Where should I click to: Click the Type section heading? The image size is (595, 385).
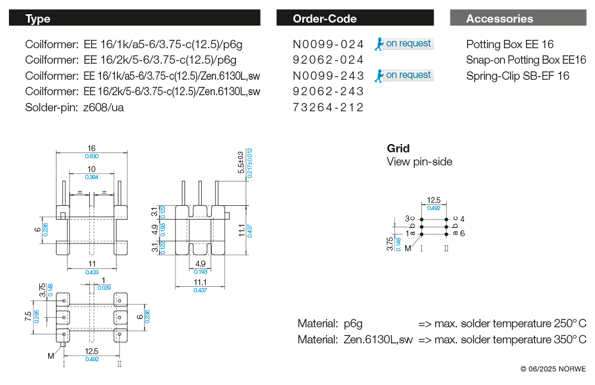37,18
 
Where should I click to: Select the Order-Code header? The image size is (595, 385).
324,18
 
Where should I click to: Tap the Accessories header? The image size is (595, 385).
499,18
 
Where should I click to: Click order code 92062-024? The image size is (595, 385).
328,60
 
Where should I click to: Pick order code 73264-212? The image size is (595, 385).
328,107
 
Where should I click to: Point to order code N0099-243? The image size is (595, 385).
328,76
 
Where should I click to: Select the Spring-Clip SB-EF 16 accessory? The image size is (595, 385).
517,76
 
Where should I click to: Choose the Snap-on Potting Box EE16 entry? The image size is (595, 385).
526,60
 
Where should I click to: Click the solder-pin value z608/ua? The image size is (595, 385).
104,107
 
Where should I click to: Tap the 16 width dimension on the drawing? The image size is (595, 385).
92,149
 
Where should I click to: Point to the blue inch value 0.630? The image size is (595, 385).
92,156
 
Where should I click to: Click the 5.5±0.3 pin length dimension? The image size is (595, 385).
241,162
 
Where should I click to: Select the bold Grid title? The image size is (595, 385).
398,148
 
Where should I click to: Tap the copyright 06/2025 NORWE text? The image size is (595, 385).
553,369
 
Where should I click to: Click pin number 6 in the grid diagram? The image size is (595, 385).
462,233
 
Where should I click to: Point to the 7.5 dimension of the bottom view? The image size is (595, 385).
29,315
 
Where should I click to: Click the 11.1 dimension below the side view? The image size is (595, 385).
200,282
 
